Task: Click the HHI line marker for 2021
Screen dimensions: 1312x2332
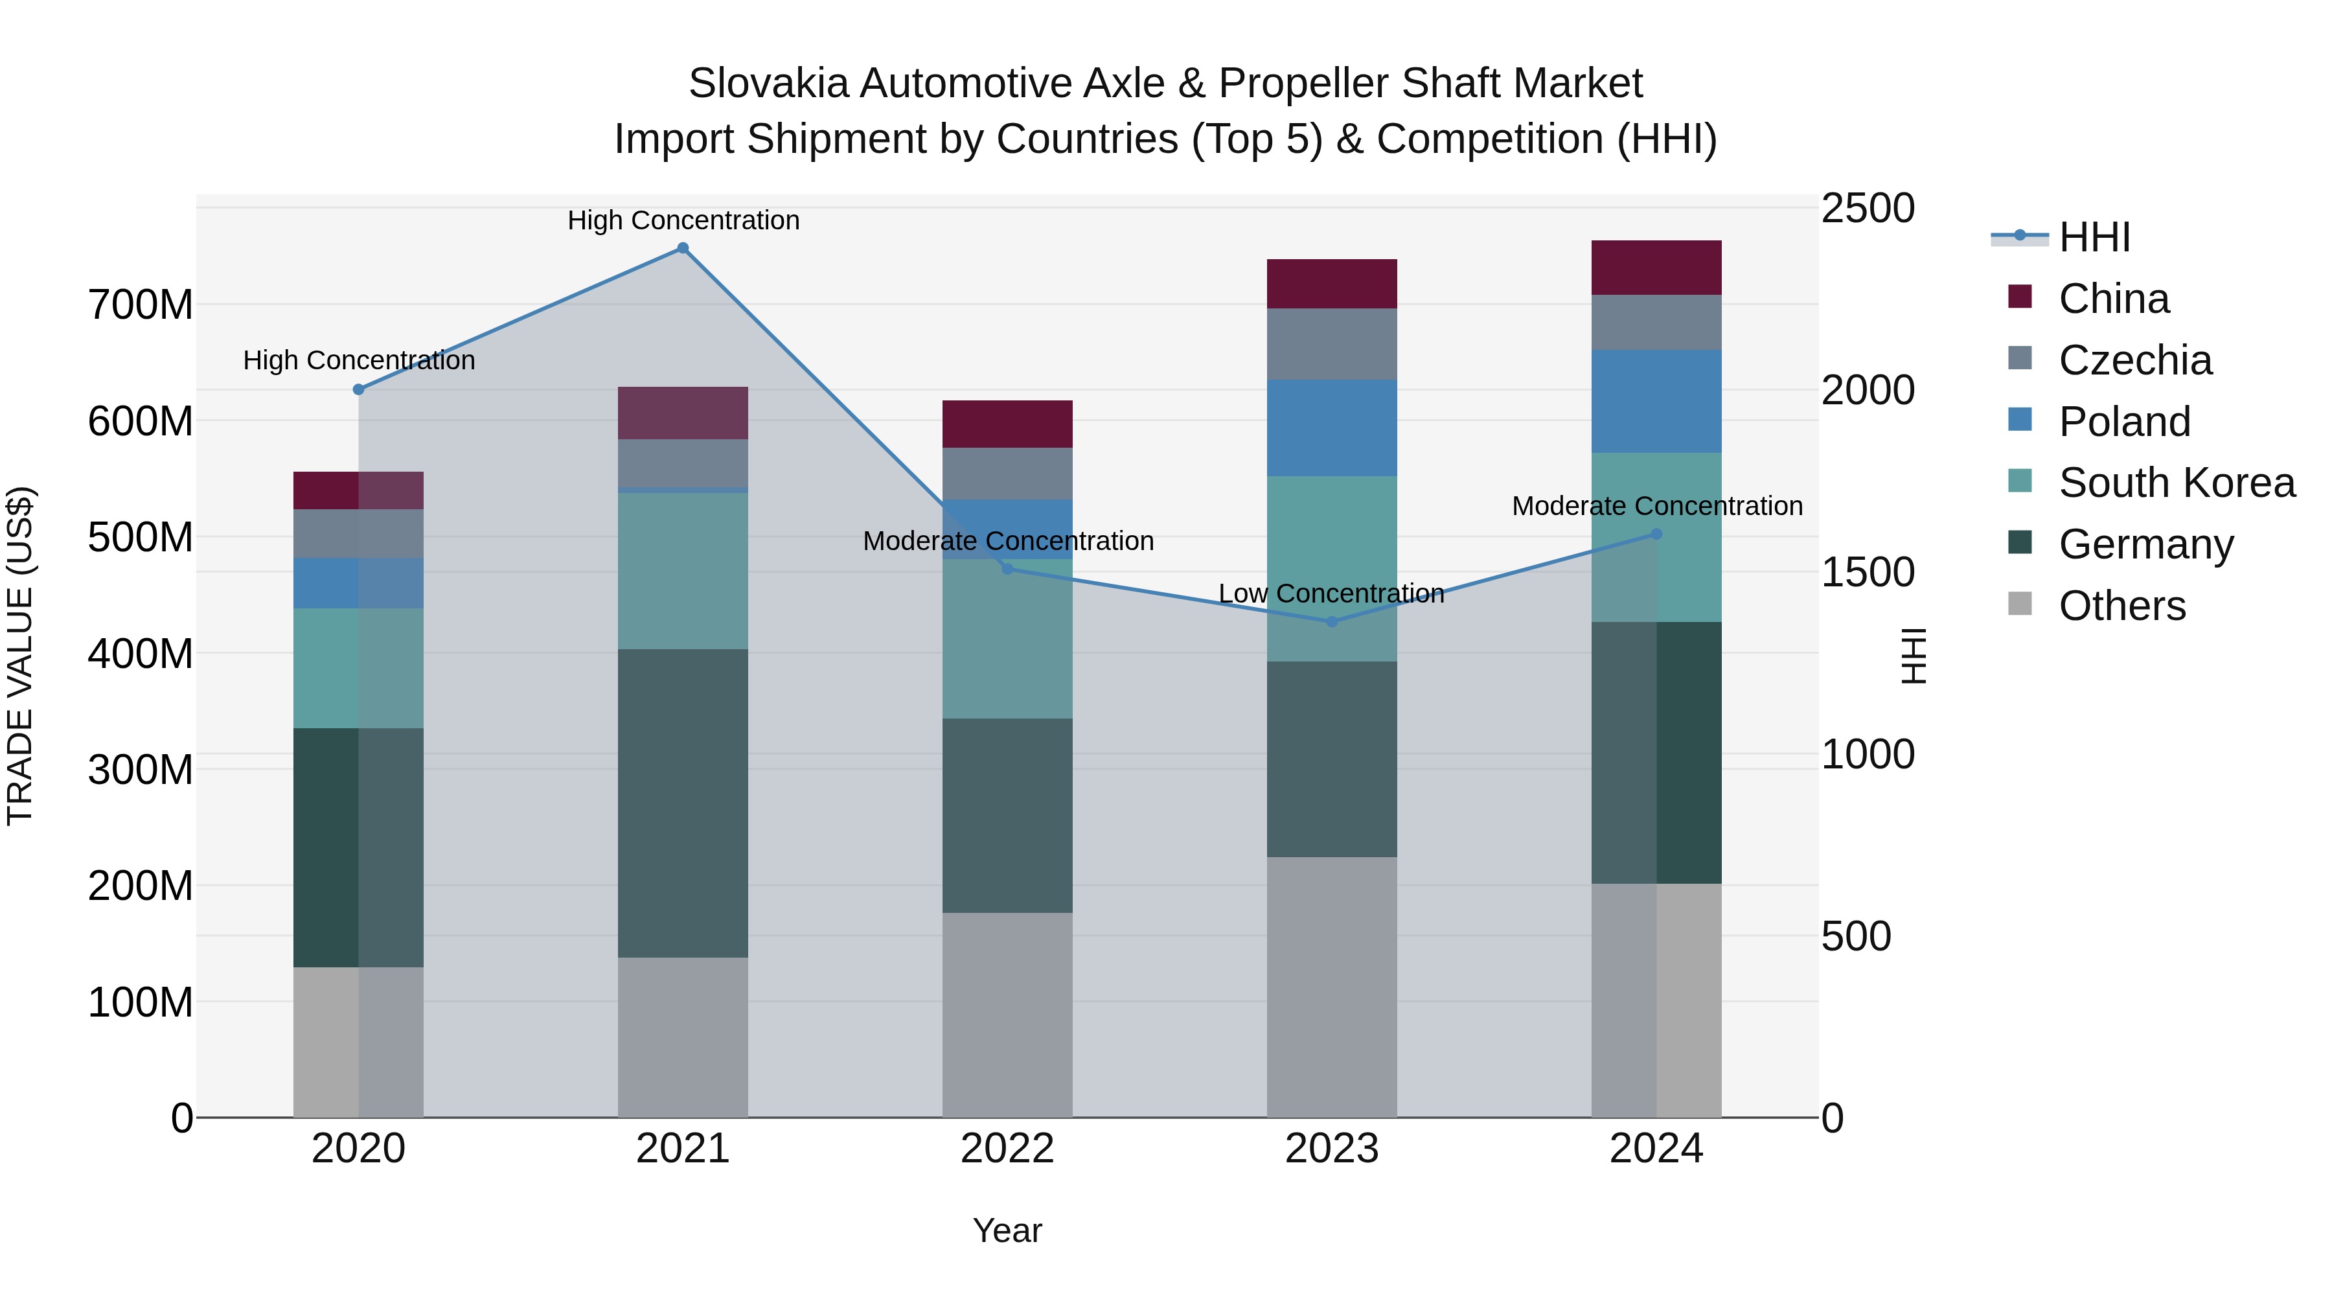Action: pos(683,248)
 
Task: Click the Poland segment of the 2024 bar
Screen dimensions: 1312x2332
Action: pos(1656,402)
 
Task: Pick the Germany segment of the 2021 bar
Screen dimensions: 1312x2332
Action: pos(683,803)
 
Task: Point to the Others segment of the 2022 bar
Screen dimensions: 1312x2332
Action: pos(1007,1014)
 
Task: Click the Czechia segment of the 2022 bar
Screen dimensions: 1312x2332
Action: pos(1007,474)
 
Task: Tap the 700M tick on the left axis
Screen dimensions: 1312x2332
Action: pos(141,305)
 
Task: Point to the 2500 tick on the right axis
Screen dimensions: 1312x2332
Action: pos(1867,208)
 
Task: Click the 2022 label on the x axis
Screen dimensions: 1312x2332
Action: pos(1007,1149)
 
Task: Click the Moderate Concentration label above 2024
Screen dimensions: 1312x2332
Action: pos(1656,506)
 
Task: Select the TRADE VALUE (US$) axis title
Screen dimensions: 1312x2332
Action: pos(20,656)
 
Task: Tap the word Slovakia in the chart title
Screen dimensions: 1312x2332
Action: pos(768,84)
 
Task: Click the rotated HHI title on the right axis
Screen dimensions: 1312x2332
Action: pos(1914,656)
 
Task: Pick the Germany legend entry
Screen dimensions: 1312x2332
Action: pos(2145,544)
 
